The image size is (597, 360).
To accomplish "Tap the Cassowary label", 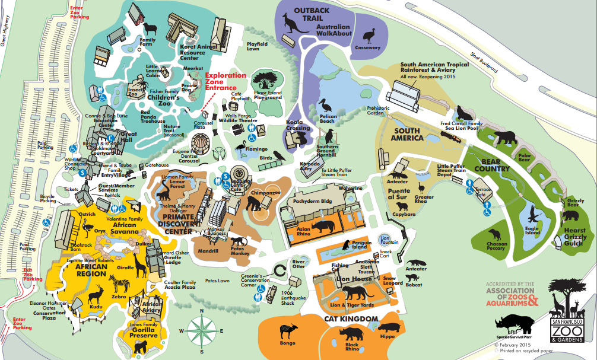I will (367, 47).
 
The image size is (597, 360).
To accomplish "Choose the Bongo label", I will (288, 343).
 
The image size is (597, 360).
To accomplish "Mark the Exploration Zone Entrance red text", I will (225, 82).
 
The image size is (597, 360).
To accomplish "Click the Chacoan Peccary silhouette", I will (494, 235).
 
